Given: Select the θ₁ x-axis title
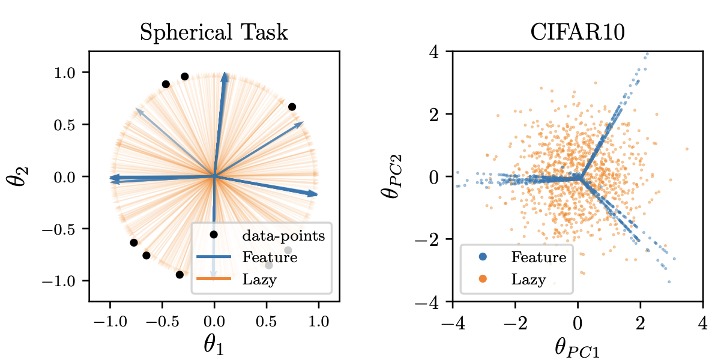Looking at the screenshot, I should click(x=214, y=344).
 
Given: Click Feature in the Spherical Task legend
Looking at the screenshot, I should click(x=270, y=257).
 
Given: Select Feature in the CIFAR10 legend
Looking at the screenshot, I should click(x=539, y=257).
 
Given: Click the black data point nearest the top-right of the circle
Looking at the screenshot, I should click(x=292, y=107).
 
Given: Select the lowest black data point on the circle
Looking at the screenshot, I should click(x=180, y=275).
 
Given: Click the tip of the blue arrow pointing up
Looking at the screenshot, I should click(x=225, y=73).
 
